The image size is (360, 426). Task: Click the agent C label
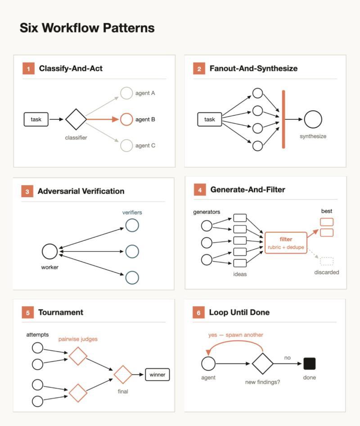145,145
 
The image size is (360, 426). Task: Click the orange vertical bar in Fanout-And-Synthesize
283,119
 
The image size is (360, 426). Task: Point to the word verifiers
132,213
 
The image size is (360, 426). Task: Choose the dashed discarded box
327,261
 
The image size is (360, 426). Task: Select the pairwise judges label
78,339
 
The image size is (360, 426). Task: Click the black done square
310,363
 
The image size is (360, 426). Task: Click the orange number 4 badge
200,190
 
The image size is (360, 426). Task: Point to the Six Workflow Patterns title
87,28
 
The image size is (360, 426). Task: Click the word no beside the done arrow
287,358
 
